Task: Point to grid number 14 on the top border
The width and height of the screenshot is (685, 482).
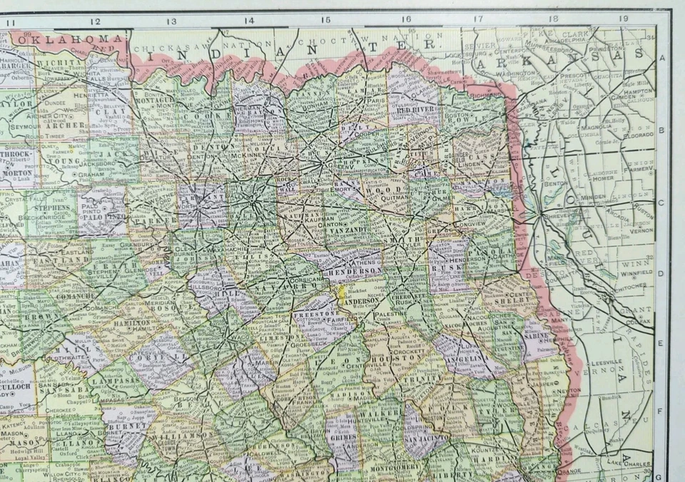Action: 248,21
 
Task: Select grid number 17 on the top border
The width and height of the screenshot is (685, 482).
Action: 477,19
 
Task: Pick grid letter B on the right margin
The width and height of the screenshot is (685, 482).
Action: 661,130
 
